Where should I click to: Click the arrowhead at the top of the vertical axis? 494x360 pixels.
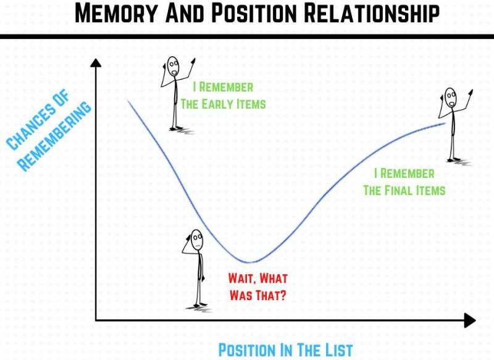coord(95,61)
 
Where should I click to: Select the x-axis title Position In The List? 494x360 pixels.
coord(285,350)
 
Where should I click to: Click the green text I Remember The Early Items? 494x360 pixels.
coord(223,96)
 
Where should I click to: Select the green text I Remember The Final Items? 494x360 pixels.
coord(404,182)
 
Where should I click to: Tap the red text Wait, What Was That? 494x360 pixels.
coord(257,287)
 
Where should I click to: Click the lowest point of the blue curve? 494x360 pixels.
coord(249,262)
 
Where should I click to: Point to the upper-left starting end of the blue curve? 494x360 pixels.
coord(128,100)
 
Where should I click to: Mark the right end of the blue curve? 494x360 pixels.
coord(445,123)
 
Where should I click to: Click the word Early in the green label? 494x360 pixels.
coord(218,104)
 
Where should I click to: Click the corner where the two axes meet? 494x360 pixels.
coord(96,320)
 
